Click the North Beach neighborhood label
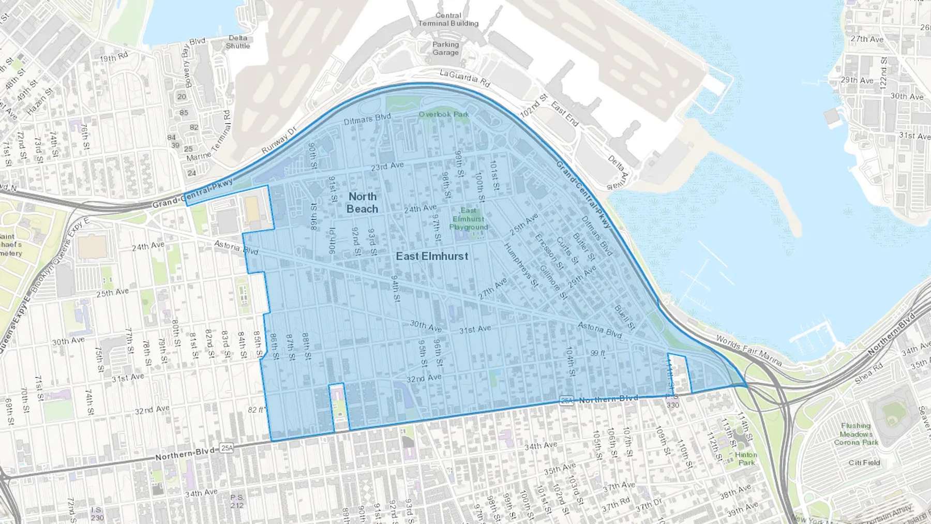[362, 203]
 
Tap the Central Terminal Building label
[448, 20]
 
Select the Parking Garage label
[445, 49]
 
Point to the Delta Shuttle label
[238, 42]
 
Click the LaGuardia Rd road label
[464, 78]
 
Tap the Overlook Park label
[444, 114]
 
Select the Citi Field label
[864, 462]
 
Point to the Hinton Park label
[746, 459]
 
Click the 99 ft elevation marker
[598, 353]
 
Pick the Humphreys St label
[521, 265]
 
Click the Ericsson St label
[549, 252]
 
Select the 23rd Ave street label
[387, 166]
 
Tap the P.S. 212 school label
[237, 501]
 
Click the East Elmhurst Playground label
[468, 219]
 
